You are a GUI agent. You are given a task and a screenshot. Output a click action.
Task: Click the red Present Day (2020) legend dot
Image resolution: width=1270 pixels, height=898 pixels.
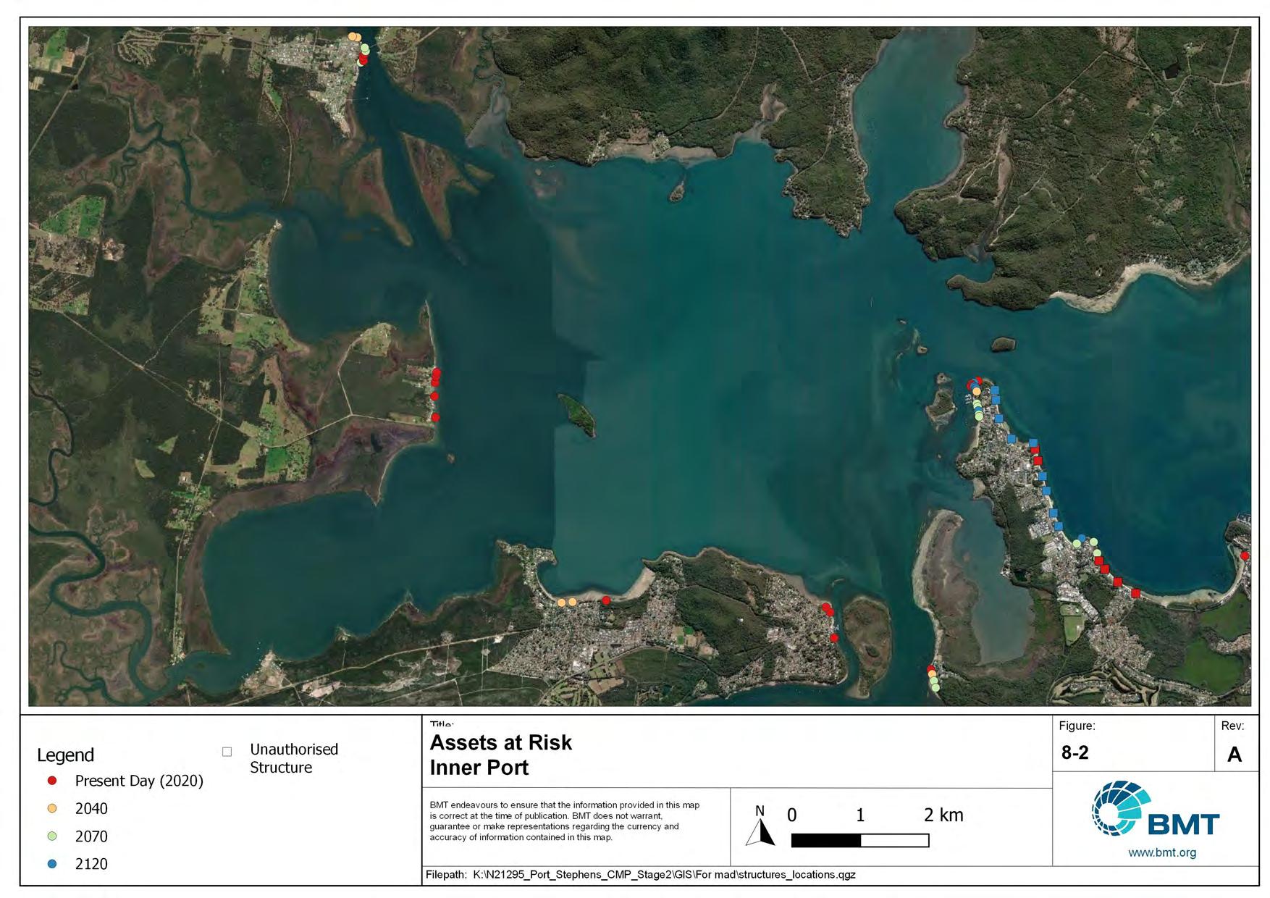click(52, 781)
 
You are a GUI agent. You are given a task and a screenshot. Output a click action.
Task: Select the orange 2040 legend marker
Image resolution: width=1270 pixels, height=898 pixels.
click(52, 808)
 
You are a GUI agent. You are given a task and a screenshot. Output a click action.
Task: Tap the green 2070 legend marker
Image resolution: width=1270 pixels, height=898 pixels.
click(52, 836)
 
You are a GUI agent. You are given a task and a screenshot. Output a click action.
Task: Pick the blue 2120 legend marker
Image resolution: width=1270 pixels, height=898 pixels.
click(52, 864)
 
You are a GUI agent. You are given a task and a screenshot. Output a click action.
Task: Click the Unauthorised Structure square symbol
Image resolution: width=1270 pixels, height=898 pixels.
click(227, 752)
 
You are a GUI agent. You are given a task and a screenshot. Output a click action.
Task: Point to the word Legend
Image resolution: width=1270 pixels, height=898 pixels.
click(65, 755)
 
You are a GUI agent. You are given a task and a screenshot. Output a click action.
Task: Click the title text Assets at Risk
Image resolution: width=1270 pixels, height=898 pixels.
click(500, 743)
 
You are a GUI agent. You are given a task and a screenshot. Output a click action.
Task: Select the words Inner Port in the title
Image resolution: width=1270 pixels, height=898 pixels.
click(479, 768)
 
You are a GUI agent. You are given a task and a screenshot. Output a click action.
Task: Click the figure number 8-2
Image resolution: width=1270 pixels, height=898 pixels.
click(1075, 753)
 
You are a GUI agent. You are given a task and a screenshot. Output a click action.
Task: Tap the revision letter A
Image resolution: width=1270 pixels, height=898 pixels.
click(1235, 755)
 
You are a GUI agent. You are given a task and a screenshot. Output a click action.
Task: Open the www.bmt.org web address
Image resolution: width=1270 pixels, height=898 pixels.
click(1161, 853)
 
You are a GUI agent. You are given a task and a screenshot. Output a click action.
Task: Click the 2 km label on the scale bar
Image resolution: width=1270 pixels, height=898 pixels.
click(943, 815)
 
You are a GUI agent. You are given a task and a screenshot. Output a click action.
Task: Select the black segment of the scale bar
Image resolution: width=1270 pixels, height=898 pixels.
click(825, 841)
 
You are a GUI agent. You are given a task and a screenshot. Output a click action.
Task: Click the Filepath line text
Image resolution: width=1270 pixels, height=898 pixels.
click(640, 875)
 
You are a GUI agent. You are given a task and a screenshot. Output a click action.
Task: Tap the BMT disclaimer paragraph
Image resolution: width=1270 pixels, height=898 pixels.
click(565, 821)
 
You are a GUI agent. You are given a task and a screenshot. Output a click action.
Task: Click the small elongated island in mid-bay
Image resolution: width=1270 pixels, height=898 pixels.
click(577, 414)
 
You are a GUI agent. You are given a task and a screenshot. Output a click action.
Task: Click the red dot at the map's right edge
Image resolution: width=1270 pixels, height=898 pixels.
click(1245, 556)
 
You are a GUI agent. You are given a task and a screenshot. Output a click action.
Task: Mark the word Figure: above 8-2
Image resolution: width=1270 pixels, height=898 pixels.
click(1077, 726)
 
